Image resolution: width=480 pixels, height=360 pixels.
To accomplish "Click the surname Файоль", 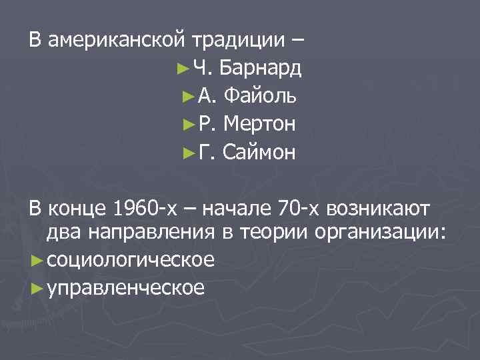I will pyautogui.click(x=261, y=96).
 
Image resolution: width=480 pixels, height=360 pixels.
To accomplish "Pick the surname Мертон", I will pyautogui.click(x=261, y=124).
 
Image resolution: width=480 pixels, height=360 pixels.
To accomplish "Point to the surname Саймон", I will pyautogui.click(x=259, y=153).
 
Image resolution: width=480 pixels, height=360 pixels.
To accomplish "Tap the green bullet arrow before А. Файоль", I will pyautogui.click(x=187, y=97).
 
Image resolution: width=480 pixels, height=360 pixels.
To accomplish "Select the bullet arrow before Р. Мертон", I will pyautogui.click(x=187, y=125).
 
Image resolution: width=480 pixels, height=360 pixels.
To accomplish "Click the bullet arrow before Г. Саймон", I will pyautogui.click(x=187, y=153).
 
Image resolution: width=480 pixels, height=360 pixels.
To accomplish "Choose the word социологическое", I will pyautogui.click(x=130, y=259).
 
